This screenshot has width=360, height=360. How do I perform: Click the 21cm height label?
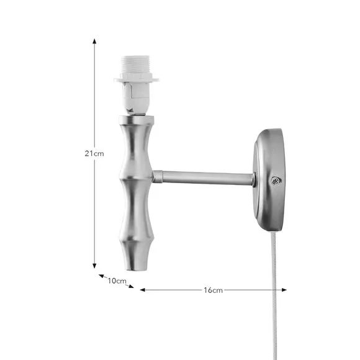click(x=94, y=153)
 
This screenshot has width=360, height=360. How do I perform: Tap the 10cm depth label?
click(x=117, y=281)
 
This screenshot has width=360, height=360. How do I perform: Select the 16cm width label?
click(x=213, y=289)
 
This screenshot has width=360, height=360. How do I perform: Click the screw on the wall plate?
click(x=275, y=181)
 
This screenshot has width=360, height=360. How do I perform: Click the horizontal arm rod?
click(x=205, y=178)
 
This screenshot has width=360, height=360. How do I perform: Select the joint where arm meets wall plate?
click(x=253, y=179)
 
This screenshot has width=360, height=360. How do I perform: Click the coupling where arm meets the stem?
click(x=158, y=177)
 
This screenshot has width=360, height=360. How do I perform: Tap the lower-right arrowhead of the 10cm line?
click(x=132, y=287)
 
